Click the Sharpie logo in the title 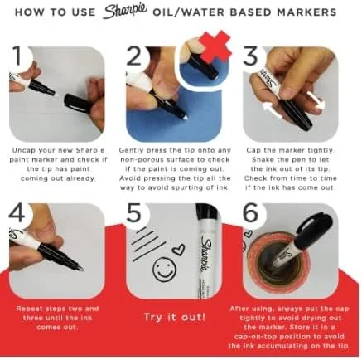125,12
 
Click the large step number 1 18,56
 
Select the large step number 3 250,56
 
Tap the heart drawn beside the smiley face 179,249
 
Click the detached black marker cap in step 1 78,103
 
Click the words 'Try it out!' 175,317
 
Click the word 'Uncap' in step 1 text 23,151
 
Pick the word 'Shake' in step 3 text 262,160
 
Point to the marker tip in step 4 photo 80,268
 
